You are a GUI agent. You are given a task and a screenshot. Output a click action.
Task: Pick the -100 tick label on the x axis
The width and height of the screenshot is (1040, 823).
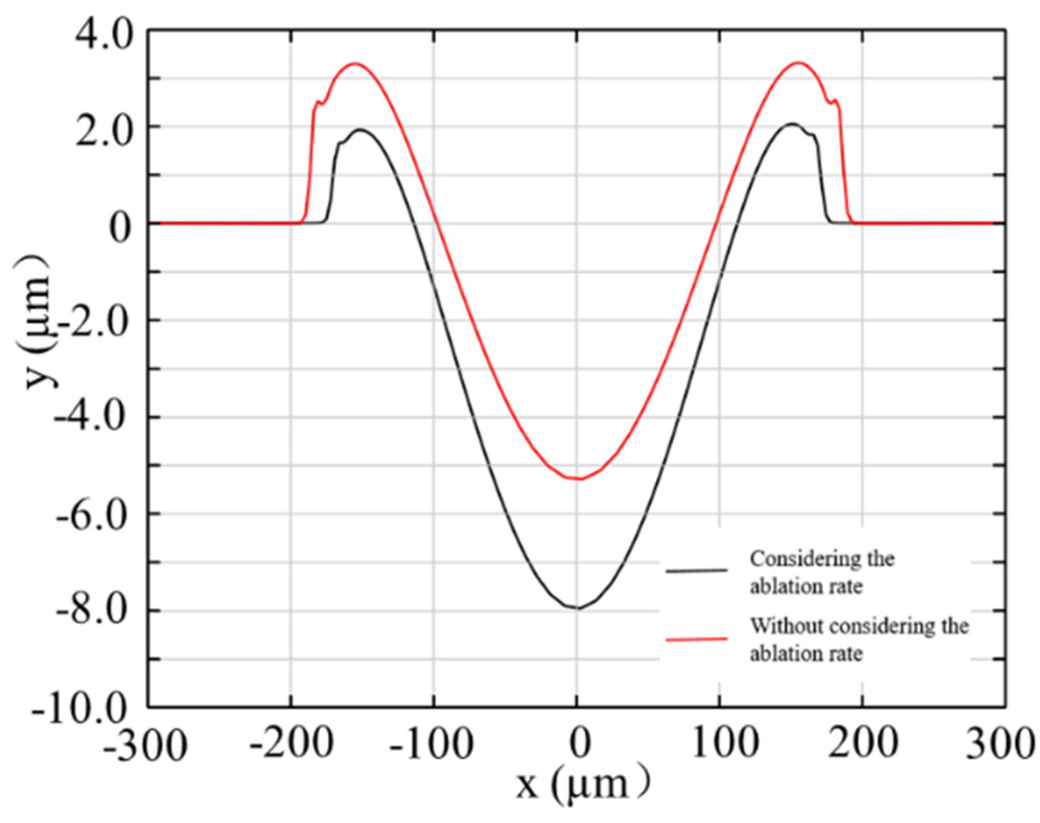432,744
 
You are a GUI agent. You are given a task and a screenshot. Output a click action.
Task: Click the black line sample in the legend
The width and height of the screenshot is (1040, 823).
696,571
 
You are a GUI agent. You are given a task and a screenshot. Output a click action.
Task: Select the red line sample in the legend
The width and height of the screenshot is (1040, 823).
696,639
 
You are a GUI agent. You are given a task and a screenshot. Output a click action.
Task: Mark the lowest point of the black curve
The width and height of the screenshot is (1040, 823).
577,608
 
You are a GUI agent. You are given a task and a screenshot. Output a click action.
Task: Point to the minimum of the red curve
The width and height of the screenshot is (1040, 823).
579,479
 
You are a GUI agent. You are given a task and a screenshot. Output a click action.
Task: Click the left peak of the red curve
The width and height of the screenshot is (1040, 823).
355,63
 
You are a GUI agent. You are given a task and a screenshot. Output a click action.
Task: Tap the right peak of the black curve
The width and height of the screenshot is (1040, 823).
792,123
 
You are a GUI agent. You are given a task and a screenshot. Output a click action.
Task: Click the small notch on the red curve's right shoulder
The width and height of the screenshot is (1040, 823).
831,102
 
